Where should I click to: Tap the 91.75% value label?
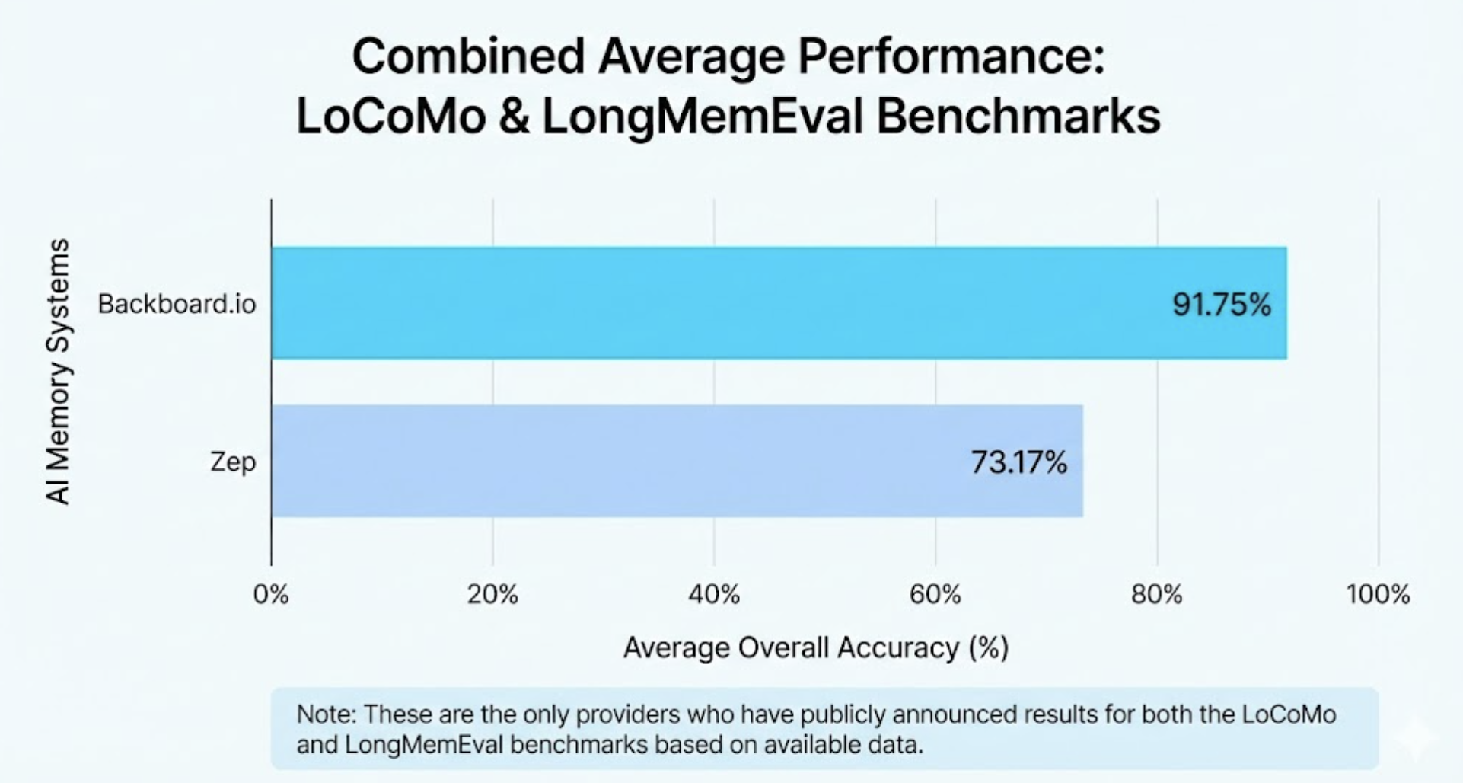click(1221, 305)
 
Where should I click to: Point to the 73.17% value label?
click(1018, 462)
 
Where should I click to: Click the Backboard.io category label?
click(177, 304)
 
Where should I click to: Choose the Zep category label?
click(233, 462)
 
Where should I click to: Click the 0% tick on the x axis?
click(271, 594)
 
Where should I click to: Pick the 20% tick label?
click(492, 594)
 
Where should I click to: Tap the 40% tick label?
click(714, 594)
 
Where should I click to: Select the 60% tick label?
click(935, 594)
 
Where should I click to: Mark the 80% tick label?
click(1157, 594)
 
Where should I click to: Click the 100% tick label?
click(1378, 594)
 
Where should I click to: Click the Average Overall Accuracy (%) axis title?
click(816, 648)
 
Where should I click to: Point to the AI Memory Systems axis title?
click(58, 372)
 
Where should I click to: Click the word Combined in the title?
click(468, 57)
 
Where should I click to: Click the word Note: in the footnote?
click(326, 714)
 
